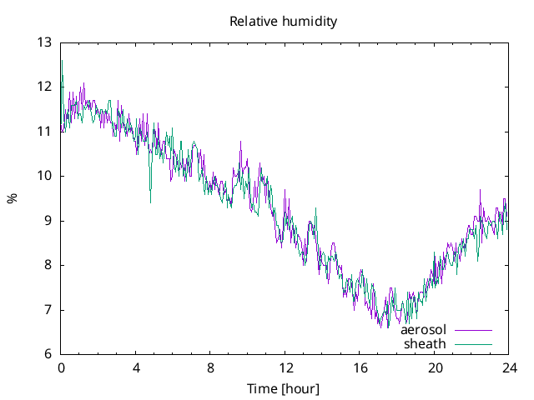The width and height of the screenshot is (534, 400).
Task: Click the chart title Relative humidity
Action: [284, 22]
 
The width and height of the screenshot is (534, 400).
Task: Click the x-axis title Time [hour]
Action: [284, 389]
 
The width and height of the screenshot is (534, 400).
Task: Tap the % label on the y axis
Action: [12, 198]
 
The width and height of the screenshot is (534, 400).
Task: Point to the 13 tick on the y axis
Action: [44, 42]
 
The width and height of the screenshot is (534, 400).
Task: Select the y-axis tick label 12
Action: [44, 87]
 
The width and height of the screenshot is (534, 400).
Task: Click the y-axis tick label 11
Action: [44, 132]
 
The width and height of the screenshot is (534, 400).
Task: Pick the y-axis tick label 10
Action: [44, 176]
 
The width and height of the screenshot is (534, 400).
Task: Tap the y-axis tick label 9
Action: [48, 221]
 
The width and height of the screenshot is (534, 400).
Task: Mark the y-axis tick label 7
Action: [48, 310]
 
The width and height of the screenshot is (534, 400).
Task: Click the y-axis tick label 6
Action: [48, 354]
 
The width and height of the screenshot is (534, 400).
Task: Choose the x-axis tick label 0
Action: [61, 367]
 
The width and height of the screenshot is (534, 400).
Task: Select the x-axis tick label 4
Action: [136, 367]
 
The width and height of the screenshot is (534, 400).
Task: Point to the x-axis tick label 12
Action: [285, 367]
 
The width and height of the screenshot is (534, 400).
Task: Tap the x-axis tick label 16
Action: [360, 367]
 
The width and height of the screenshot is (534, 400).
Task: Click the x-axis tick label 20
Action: [435, 367]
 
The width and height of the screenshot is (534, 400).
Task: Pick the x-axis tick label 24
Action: [509, 367]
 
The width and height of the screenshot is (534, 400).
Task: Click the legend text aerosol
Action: [424, 330]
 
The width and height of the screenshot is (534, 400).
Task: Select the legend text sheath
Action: [426, 343]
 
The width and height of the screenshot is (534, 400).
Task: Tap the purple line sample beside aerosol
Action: [472, 331]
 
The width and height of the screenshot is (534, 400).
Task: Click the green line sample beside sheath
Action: [472, 344]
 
